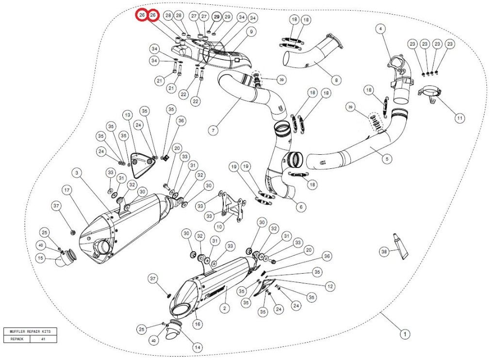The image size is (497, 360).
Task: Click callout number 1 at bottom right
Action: (403, 334)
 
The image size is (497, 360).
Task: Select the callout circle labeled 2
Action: (224, 308)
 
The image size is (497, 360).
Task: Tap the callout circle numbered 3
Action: (77, 172)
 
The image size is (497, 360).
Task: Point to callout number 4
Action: (381, 29)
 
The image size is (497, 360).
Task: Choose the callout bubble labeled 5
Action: (387, 158)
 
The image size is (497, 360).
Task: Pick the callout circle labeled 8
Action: (336, 79)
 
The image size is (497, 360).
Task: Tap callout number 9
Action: (251, 32)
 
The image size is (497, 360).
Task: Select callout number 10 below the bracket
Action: (219, 226)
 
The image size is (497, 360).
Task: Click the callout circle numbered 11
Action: (459, 117)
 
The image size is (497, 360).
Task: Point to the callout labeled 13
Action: (330, 286)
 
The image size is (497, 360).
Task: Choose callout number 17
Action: (127, 115)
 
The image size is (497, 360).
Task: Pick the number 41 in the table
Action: (43, 339)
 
